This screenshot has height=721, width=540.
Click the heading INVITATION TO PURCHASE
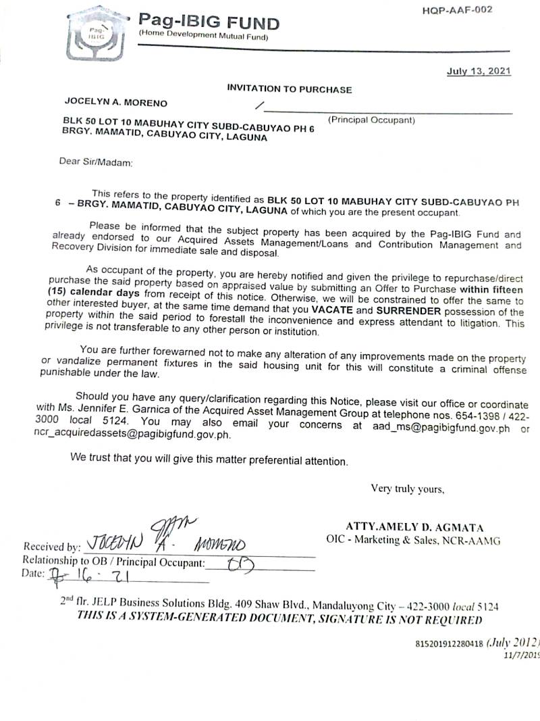[x=289, y=89]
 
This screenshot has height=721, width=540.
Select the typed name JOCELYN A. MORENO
[x=116, y=103]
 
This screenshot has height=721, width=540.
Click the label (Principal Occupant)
[x=371, y=120]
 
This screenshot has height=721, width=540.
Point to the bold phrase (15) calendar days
[x=92, y=293]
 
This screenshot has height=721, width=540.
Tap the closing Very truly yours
[x=407, y=489]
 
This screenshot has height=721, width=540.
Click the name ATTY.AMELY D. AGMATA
[x=414, y=527]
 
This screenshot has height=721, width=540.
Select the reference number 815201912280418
[x=450, y=643]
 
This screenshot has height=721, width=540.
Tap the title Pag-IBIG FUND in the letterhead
[x=209, y=23]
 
